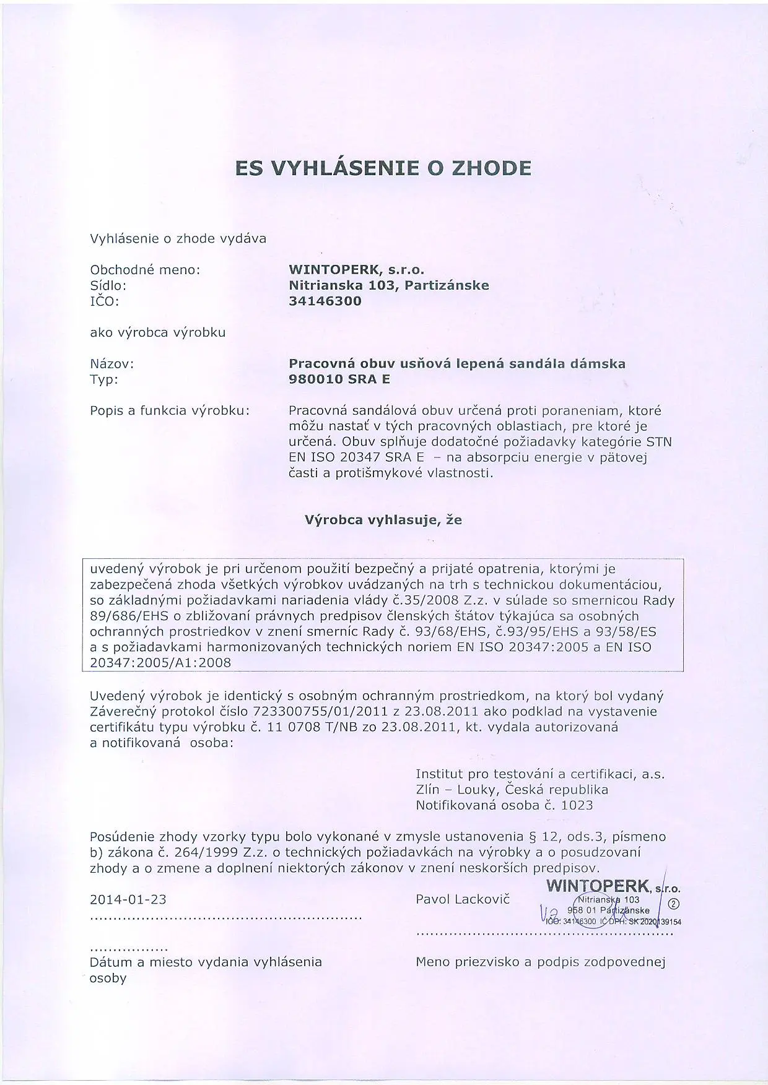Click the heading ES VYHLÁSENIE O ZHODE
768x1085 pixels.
[383, 168]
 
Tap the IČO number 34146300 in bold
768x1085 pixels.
[325, 301]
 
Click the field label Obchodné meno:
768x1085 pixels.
[146, 270]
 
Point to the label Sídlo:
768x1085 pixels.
[108, 286]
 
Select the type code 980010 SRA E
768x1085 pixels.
[339, 379]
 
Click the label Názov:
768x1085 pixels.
[112, 364]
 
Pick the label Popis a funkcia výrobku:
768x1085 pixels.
[170, 410]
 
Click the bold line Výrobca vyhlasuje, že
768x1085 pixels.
[383, 520]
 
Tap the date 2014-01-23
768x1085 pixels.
[128, 899]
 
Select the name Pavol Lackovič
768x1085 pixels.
[463, 899]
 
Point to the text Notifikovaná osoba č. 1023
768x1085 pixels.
[504, 805]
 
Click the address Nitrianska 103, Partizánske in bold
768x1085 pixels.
[389, 285]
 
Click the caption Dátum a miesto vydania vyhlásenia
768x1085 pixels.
[206, 962]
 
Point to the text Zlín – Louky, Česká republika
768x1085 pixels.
[512, 790]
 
